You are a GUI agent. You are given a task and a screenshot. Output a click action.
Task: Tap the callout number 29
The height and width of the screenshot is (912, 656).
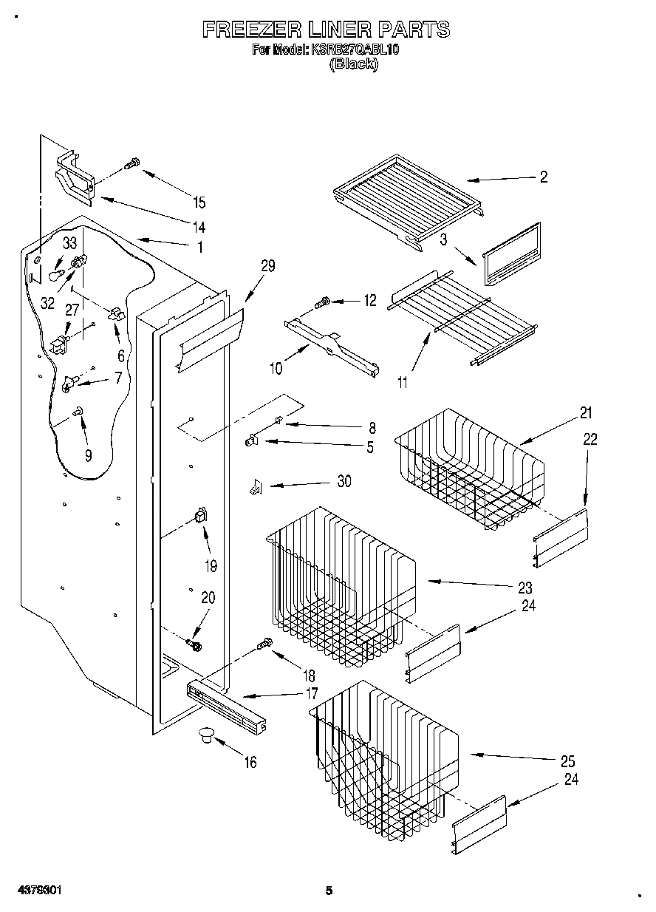pos(267,266)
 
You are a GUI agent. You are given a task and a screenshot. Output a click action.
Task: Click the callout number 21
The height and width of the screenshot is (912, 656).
pos(586,413)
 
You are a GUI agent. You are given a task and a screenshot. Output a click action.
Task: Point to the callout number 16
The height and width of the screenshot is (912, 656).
pos(250,762)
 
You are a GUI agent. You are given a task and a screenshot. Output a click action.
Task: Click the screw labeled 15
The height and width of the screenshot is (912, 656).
pos(131,165)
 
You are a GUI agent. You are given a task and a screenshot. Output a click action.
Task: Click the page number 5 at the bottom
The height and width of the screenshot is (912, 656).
pos(329,891)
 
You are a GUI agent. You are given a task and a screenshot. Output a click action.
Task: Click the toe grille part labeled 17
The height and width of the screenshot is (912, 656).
pos(226,707)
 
